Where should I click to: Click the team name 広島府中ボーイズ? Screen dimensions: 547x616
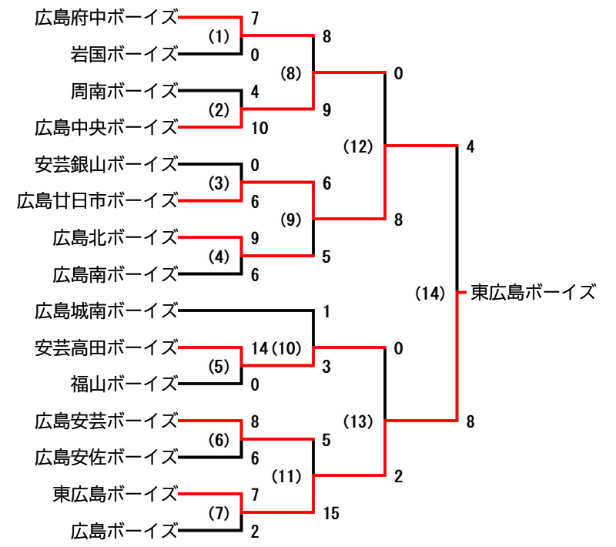pyautogui.click(x=106, y=17)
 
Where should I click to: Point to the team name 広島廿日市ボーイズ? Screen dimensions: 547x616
pyautogui.click(x=97, y=201)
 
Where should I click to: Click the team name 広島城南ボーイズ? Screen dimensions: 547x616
pyautogui.click(x=106, y=311)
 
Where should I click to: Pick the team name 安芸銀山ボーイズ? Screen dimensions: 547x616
pyautogui.click(x=106, y=164)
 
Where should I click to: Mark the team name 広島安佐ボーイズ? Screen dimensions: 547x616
pyautogui.click(x=106, y=457)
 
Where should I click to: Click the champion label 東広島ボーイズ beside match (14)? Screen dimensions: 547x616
pyautogui.click(x=534, y=293)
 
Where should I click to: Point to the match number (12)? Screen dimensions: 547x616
pyautogui.click(x=358, y=146)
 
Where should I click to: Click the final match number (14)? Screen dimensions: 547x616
pyautogui.click(x=430, y=293)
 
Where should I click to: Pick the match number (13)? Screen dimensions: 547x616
pyautogui.click(x=358, y=421)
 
